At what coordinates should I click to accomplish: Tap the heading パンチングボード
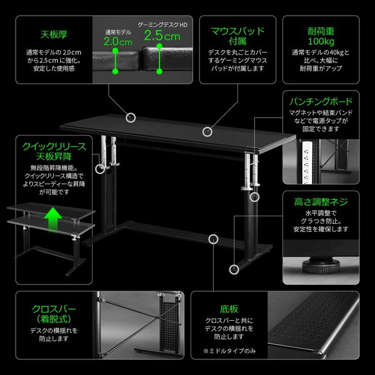[x=321, y=101]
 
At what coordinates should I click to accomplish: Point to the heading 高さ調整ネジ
[x=321, y=202]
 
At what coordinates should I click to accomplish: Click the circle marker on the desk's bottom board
[x=214, y=238]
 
